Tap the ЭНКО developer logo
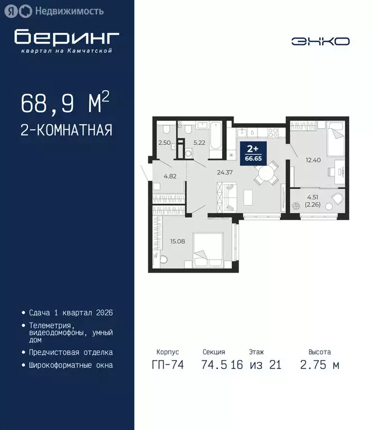[320, 41]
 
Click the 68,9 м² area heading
[64, 103]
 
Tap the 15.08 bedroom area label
[178, 241]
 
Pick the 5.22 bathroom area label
[200, 143]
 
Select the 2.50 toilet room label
[164, 143]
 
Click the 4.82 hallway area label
[170, 176]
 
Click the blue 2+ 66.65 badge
[253, 152]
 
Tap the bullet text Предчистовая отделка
[71, 352]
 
